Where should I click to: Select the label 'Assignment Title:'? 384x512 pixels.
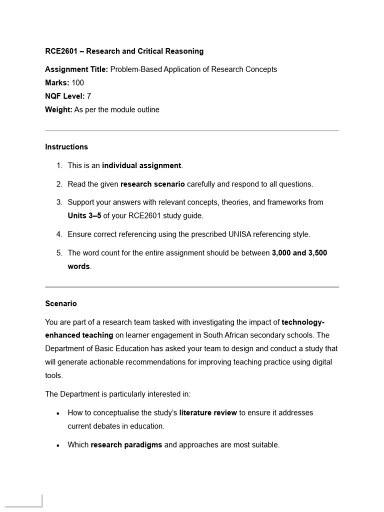pyautogui.click(x=76, y=69)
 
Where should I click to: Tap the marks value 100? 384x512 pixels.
pyautogui.click(x=78, y=83)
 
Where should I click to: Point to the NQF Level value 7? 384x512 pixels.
pyautogui.click(x=89, y=96)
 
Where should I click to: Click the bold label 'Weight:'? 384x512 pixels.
pyautogui.click(x=58, y=109)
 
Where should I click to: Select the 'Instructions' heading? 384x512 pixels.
pyautogui.click(x=66, y=147)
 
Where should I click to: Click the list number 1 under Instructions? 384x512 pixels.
pyautogui.click(x=59, y=165)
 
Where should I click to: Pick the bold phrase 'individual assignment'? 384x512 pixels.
pyautogui.click(x=141, y=165)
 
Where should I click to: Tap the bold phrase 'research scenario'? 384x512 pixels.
pyautogui.click(x=152, y=184)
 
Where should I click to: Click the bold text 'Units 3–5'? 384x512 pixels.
pyautogui.click(x=84, y=216)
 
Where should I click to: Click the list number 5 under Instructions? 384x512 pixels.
pyautogui.click(x=59, y=253)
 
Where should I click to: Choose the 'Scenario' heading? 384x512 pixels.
pyautogui.click(x=61, y=303)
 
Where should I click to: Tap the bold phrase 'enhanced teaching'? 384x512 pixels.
pyautogui.click(x=79, y=335)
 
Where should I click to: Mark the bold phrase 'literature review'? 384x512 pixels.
pyautogui.click(x=208, y=413)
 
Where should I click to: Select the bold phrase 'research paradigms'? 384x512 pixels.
pyautogui.click(x=126, y=444)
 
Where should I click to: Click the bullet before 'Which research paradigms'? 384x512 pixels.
pyautogui.click(x=58, y=445)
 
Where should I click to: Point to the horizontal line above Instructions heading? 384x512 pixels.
pyautogui.click(x=192, y=131)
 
